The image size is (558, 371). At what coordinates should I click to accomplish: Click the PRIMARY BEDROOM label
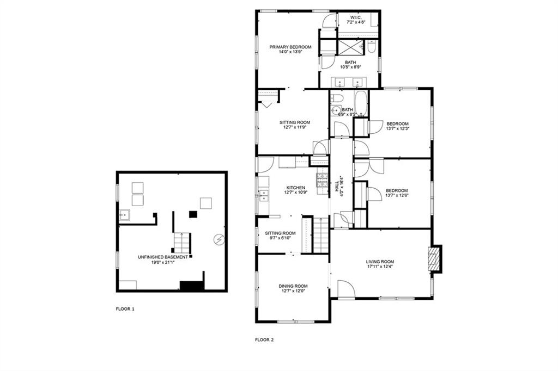coord(290,47)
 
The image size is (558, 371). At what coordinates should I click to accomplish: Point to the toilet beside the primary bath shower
coord(371,47)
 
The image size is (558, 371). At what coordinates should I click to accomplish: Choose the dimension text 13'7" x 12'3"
coord(397,128)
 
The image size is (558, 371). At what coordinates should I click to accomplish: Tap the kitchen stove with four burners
coord(322,180)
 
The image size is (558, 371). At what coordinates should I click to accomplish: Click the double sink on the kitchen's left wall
coord(263,195)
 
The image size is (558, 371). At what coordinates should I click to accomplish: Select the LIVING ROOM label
coord(379,262)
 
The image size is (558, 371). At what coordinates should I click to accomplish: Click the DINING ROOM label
coord(293,286)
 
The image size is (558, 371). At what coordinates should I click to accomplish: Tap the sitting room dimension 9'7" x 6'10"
coord(281,238)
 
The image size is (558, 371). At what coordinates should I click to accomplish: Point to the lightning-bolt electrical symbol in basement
coord(219,238)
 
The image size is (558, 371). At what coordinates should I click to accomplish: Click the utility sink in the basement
coord(124,215)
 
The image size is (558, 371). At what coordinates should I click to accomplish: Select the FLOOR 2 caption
coord(264,340)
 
